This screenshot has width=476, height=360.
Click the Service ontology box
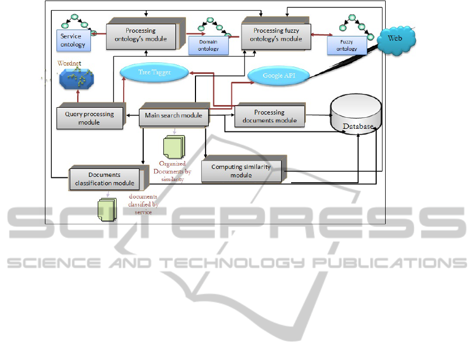[x=73, y=41]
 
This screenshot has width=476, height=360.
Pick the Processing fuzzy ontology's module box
[x=276, y=35]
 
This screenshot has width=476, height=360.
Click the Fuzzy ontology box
[x=347, y=45]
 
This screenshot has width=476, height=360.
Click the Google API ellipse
[x=279, y=76]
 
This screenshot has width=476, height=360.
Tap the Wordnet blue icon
[x=78, y=79]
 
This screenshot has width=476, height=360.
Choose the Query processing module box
[x=89, y=118]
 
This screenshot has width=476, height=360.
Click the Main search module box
[x=173, y=116]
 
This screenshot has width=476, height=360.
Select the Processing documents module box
[x=269, y=116]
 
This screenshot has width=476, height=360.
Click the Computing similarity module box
[x=241, y=171]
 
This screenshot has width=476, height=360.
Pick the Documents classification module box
[x=104, y=179]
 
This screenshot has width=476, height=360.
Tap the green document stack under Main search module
[x=174, y=146]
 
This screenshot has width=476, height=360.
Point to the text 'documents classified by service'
[x=143, y=204]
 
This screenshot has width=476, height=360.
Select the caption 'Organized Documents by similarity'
[x=172, y=172]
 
